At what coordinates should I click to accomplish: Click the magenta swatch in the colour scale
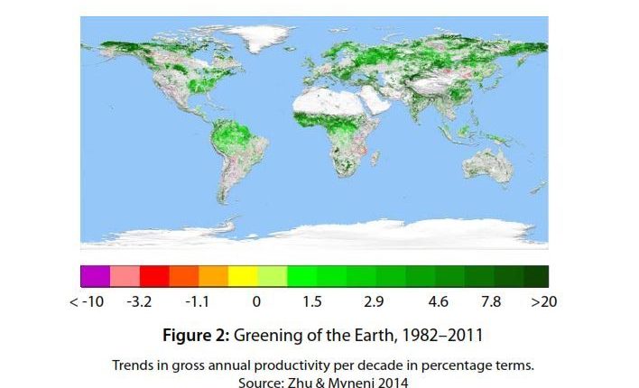(x=95, y=276)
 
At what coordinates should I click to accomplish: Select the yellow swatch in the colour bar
(x=243, y=276)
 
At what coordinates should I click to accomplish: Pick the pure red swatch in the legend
(x=153, y=276)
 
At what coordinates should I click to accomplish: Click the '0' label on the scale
(x=256, y=301)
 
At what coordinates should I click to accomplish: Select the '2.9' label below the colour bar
(x=373, y=301)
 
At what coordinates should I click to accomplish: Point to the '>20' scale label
(x=543, y=301)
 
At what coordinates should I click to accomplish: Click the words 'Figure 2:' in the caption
(x=196, y=336)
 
